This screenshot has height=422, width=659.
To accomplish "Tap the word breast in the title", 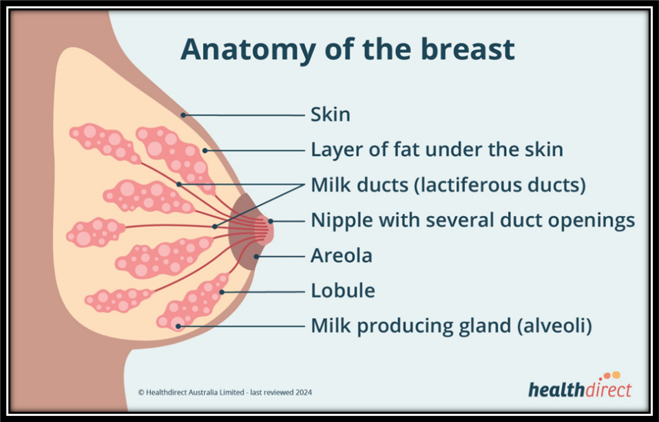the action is tap(468, 49).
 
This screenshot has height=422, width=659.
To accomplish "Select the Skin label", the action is tap(331, 115).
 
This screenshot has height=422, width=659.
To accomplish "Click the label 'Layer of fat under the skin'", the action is tap(437, 149).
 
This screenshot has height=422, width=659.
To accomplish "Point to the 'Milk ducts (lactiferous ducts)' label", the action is tap(448, 185).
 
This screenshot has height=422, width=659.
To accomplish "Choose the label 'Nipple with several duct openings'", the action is tap(473, 220).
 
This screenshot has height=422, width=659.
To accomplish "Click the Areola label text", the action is tap(342, 255).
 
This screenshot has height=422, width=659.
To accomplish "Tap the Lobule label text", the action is tap(342, 291).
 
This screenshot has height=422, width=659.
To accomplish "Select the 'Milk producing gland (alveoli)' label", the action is tap(451, 326).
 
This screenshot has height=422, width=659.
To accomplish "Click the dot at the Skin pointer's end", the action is tap(182, 114).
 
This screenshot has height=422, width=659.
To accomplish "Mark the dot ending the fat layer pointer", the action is tap(205, 150).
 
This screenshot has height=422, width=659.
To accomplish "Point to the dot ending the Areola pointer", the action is tap(256, 256).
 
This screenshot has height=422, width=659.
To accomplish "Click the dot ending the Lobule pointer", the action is tap(222, 292).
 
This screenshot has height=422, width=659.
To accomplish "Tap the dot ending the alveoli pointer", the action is tap(178, 326).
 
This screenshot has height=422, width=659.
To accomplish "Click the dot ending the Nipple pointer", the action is tap(271, 221).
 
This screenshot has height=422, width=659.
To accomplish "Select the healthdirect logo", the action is tap(580, 386).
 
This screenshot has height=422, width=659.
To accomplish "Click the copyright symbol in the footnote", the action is tap(141, 392).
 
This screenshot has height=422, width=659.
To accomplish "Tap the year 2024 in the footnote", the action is tap(304, 392).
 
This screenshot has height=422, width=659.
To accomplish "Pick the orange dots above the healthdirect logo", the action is tap(611, 375).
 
